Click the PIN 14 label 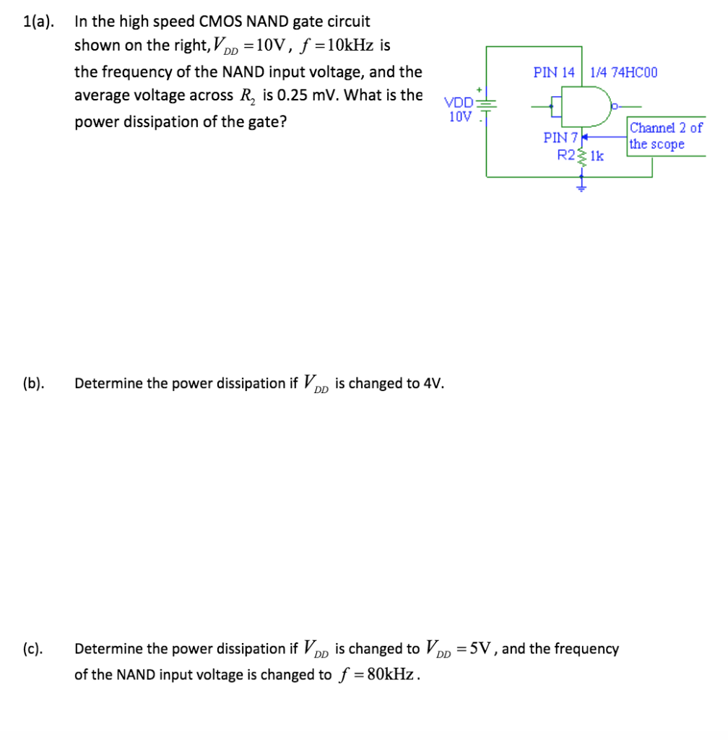click(554, 72)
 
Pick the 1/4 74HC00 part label click(623, 72)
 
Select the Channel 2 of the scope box click(664, 136)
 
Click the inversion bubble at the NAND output click(614, 106)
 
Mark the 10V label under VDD click(460, 116)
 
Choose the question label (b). click(32, 383)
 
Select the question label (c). click(32, 649)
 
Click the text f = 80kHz click(378, 675)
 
